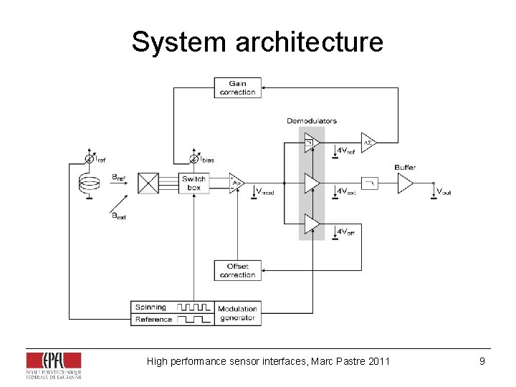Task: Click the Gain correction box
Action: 237,87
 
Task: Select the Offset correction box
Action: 237,270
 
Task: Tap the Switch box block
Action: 193,183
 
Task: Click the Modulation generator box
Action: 237,313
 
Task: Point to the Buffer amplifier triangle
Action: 405,184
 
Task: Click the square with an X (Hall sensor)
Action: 148,183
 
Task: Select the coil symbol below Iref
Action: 90,183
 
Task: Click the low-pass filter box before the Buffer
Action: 370,183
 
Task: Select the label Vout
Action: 443,191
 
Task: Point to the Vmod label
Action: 264,191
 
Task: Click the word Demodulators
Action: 311,120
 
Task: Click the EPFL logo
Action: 53,365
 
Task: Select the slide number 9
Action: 482,361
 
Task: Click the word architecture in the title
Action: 310,42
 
